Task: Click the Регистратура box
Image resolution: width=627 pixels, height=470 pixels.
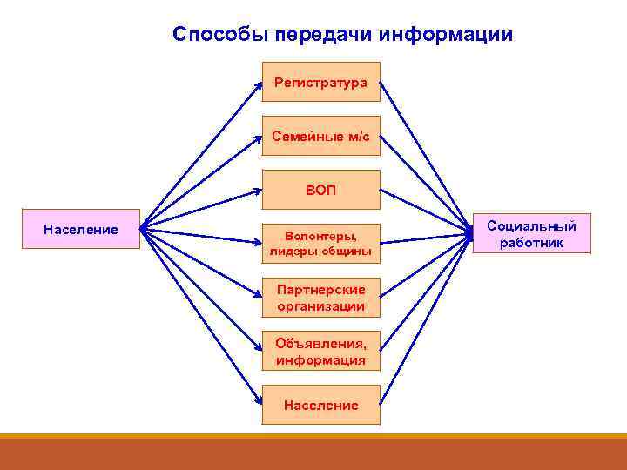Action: click(x=321, y=82)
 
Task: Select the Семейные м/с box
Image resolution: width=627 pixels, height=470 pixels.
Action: click(x=321, y=136)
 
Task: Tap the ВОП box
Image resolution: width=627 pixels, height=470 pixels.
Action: click(x=321, y=190)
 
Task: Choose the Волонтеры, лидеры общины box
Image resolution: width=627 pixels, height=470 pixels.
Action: click(x=321, y=243)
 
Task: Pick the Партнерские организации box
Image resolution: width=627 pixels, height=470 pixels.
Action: click(x=321, y=298)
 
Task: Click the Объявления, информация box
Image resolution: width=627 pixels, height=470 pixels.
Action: click(x=321, y=351)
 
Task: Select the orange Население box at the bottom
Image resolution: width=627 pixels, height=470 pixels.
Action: click(x=321, y=405)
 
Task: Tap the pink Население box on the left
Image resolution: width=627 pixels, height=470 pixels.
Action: click(x=81, y=229)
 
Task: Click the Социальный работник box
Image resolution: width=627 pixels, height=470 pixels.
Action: click(x=532, y=233)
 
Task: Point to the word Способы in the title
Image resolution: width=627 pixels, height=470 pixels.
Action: click(x=220, y=35)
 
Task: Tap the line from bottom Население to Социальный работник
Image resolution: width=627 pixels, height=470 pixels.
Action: click(x=425, y=319)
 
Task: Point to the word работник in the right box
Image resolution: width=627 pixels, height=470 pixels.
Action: click(x=532, y=243)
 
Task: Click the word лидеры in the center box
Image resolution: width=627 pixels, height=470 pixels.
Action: click(x=291, y=252)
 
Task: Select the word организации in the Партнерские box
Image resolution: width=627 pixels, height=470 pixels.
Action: click(x=321, y=307)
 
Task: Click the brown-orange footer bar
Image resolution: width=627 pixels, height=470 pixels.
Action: click(x=313, y=453)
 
